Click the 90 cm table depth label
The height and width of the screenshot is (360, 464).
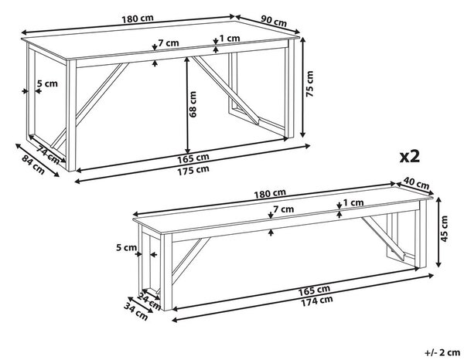[x=274, y=21]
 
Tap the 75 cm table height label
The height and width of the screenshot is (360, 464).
[x=309, y=83]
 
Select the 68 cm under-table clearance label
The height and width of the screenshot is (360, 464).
[x=193, y=104]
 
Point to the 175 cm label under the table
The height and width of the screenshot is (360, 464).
[x=193, y=170]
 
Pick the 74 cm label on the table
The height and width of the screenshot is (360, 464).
[x=48, y=155]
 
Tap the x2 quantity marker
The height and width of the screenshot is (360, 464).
[x=410, y=156]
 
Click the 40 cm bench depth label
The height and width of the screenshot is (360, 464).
[x=416, y=183]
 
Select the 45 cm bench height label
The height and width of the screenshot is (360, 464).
[x=444, y=229]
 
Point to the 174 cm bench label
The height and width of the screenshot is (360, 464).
[x=317, y=301]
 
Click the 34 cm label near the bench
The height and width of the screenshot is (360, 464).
[x=135, y=311]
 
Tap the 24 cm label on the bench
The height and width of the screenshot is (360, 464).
[x=148, y=302]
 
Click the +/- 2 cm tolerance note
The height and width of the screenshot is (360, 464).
[x=442, y=352]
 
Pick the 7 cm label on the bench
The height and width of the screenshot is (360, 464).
[x=284, y=209]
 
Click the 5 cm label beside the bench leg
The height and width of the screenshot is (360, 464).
[x=126, y=247]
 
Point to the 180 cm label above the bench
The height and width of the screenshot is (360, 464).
[x=270, y=194]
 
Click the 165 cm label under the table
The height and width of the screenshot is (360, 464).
[x=193, y=158]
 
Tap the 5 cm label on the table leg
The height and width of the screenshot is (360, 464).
[x=47, y=83]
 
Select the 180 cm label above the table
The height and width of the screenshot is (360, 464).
[x=138, y=19]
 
